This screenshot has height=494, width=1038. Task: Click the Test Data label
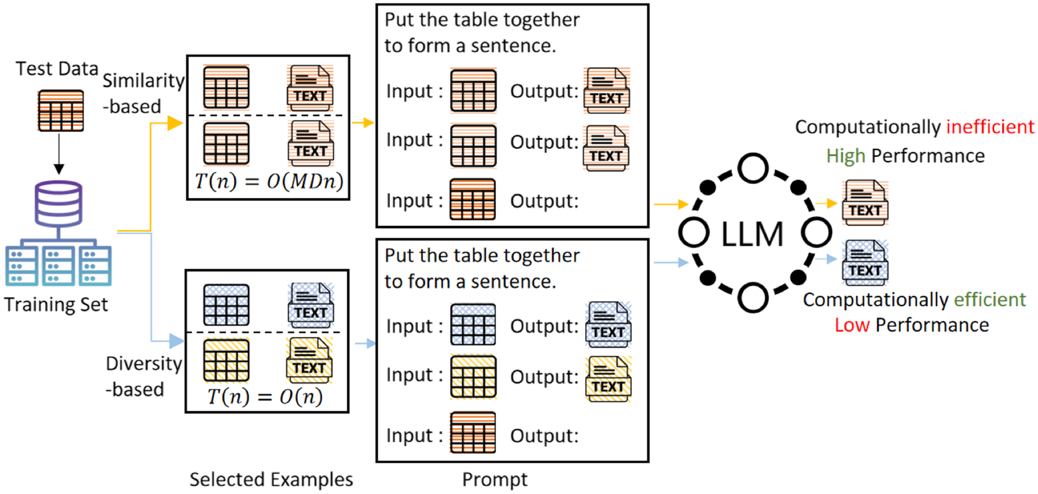pos(57,69)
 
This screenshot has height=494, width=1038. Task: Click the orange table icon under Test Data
pos(61,111)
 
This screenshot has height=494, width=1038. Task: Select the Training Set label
pos(56,304)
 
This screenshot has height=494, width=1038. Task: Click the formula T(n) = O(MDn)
pos(269,181)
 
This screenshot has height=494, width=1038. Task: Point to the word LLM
pos(752,234)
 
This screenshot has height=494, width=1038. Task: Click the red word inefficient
pos(990,127)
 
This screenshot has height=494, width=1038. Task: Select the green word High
pos(845,156)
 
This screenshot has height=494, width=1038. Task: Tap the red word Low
pos(852,325)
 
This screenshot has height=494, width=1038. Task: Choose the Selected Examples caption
pos(271,480)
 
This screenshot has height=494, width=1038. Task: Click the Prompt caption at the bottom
pos(494,480)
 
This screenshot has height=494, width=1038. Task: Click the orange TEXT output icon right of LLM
pos(865,203)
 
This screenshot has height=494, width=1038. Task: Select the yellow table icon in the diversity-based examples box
pos(226,361)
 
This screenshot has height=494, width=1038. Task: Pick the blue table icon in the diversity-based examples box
pos(226,305)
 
